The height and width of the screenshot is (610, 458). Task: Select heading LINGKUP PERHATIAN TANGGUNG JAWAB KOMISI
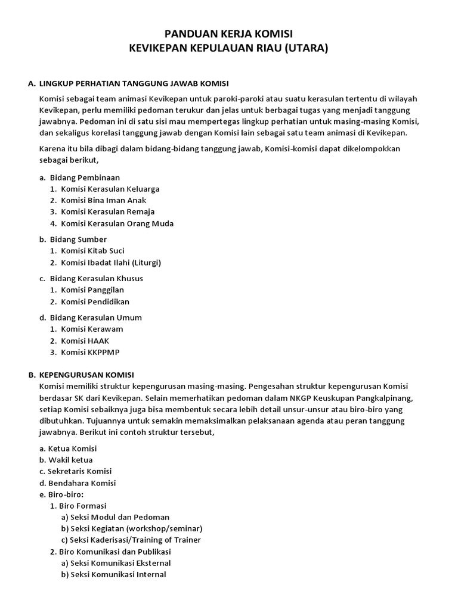pyautogui.click(x=134, y=83)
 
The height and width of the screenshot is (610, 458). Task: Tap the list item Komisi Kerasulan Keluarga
pyautogui.click(x=110, y=189)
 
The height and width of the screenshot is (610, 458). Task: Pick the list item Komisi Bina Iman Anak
pyautogui.click(x=104, y=200)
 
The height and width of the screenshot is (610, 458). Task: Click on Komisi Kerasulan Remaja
pyautogui.click(x=108, y=211)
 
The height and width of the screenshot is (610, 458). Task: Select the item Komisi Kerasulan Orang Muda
pyautogui.click(x=117, y=223)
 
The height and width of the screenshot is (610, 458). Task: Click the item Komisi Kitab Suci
pyautogui.click(x=93, y=251)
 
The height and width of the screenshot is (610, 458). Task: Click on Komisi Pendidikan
pyautogui.click(x=95, y=301)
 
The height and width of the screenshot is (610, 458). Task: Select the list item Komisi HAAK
pyautogui.click(x=85, y=340)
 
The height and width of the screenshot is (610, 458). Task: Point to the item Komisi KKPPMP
pyautogui.click(x=91, y=352)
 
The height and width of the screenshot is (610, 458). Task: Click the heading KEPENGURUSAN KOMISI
pyautogui.click(x=86, y=375)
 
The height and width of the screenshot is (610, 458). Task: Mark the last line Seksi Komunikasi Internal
pyautogui.click(x=118, y=574)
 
